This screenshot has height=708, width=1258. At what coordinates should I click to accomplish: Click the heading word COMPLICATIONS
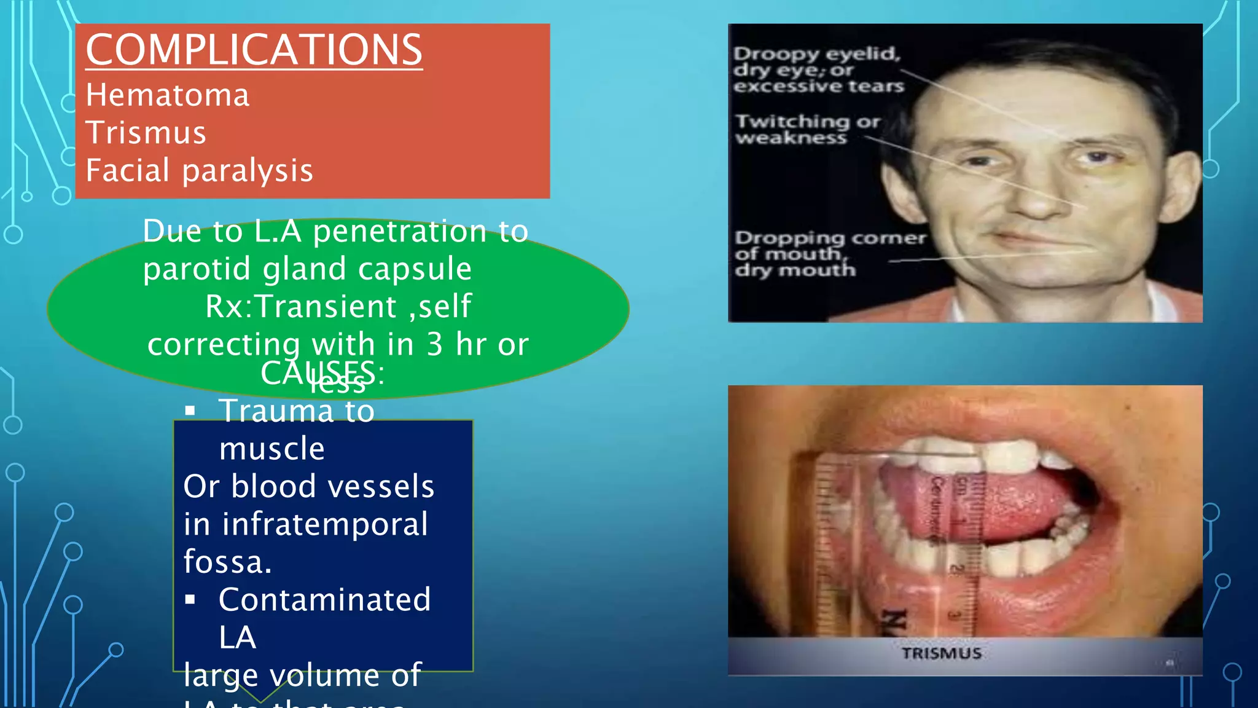point(254,50)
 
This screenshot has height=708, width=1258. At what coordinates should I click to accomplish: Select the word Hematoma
point(168,95)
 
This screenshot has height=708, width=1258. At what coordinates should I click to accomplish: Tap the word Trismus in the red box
point(146,133)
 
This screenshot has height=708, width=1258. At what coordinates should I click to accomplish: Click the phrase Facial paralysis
point(199,170)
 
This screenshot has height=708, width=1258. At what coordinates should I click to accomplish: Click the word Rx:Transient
point(301,306)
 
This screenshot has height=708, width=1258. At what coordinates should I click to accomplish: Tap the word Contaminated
point(325,600)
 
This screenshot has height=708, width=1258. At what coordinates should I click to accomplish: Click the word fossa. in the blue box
point(227,562)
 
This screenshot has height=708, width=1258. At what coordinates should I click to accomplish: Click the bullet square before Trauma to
point(190,411)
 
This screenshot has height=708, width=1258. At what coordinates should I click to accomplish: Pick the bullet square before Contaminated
point(190,599)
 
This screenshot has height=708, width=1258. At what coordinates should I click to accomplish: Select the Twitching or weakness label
point(807,129)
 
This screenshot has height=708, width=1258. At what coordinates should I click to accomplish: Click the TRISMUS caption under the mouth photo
point(942,653)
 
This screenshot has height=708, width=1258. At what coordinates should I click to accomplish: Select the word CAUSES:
point(322,373)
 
